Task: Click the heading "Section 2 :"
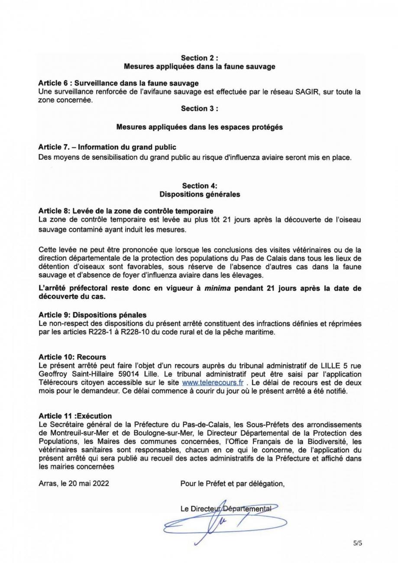point(199,58)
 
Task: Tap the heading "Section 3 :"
point(199,109)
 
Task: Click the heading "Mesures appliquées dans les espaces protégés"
point(199,127)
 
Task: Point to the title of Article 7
point(107,147)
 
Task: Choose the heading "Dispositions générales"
point(199,194)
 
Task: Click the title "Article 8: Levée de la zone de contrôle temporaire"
point(126,211)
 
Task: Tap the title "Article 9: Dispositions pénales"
point(92,315)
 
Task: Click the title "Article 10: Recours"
point(72,357)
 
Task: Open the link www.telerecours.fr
point(213,383)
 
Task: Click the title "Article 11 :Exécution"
point(75,416)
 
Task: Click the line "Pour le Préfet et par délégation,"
point(233,484)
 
